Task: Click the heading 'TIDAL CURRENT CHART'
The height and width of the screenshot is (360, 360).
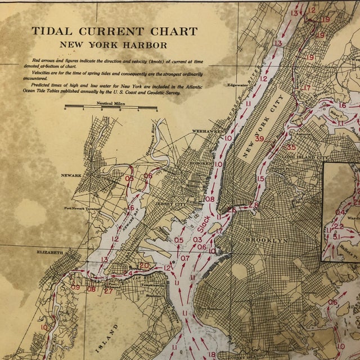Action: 114,32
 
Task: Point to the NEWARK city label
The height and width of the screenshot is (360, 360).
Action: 73,175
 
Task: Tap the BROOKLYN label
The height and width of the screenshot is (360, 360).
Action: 266,240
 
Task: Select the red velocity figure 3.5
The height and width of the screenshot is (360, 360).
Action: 290,147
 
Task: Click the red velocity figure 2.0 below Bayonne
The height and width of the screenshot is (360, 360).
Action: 144,265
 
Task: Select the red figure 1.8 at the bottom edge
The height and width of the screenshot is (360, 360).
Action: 212,354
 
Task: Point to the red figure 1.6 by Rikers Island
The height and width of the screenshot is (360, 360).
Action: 341,105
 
